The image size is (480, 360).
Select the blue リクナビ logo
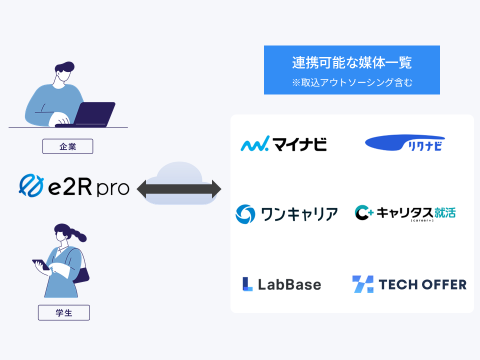pyautogui.click(x=404, y=143)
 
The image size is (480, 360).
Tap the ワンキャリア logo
pyautogui.click(x=286, y=214)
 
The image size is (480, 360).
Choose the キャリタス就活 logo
pyautogui.click(x=405, y=213)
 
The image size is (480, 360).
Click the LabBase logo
pyautogui.click(x=281, y=284)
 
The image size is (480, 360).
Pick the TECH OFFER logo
pyautogui.click(x=409, y=284)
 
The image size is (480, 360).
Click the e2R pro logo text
pyautogui.click(x=89, y=187)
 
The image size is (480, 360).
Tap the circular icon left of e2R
pyautogui.click(x=30, y=185)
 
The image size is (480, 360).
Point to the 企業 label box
pyautogui.click(x=67, y=146)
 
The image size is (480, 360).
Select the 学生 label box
pyautogui.click(x=63, y=312)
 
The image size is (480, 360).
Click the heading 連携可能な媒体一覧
pyautogui.click(x=351, y=63)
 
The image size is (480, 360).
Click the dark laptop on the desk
pyautogui.click(x=95, y=114)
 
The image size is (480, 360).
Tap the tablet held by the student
pyautogui.click(x=40, y=264)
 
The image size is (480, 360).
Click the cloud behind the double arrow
pyautogui.click(x=178, y=172)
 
